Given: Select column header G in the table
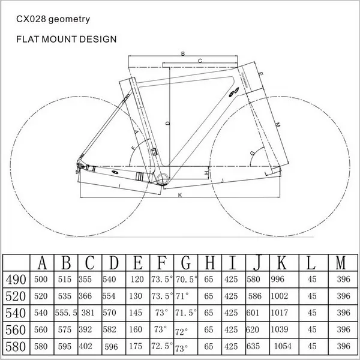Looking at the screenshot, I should [x=185, y=263].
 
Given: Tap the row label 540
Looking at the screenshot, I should [x=16, y=313].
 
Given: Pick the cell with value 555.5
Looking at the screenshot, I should [x=68, y=313].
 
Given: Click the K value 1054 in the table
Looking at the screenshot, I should [x=282, y=347].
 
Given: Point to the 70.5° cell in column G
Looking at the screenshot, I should [x=186, y=279].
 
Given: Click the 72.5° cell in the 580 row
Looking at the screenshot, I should [x=161, y=347].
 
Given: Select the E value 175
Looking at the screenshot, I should [x=137, y=347].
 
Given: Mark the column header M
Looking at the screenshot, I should [x=341, y=263].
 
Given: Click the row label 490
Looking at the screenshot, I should [x=16, y=279].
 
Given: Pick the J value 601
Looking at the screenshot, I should [x=254, y=313].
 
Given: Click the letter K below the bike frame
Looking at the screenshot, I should [x=179, y=196].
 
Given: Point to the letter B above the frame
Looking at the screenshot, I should [x=182, y=53].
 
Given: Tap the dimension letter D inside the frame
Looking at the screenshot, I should [x=168, y=122].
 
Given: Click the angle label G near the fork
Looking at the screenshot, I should [x=252, y=154].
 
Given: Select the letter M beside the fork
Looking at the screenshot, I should [x=277, y=124].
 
